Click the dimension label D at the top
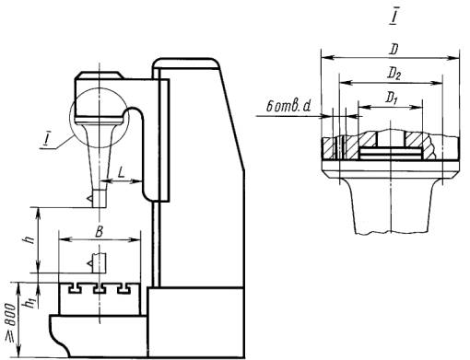pyautogui.click(x=394, y=50)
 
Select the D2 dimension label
pyautogui.click(x=394, y=74)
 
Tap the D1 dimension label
pyautogui.click(x=391, y=99)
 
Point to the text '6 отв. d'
pyautogui.click(x=288, y=107)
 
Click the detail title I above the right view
pyautogui.click(x=394, y=17)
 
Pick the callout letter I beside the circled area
pyautogui.click(x=47, y=139)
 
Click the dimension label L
pyautogui.click(x=122, y=174)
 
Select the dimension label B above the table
pyautogui.click(x=99, y=232)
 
